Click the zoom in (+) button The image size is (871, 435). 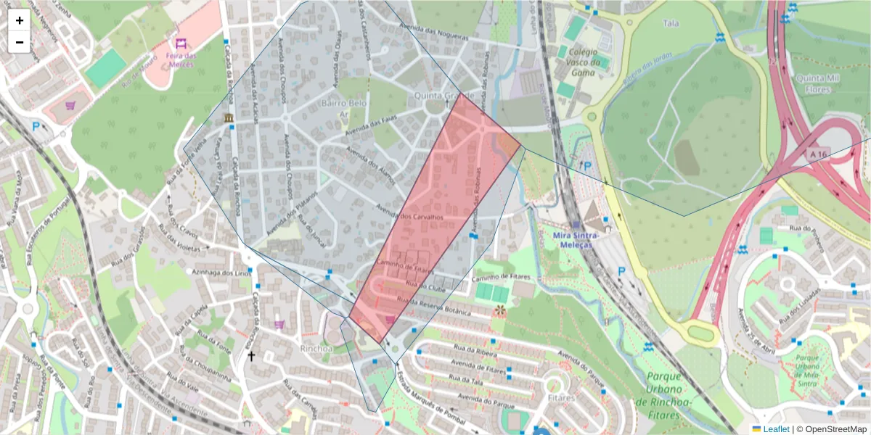tap(20, 20)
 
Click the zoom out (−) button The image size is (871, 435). tap(20, 42)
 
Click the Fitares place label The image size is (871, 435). tap(562, 397)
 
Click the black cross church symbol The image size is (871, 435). tap(252, 356)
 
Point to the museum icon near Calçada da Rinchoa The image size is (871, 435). tap(229, 117)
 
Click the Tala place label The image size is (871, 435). tap(671, 23)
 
